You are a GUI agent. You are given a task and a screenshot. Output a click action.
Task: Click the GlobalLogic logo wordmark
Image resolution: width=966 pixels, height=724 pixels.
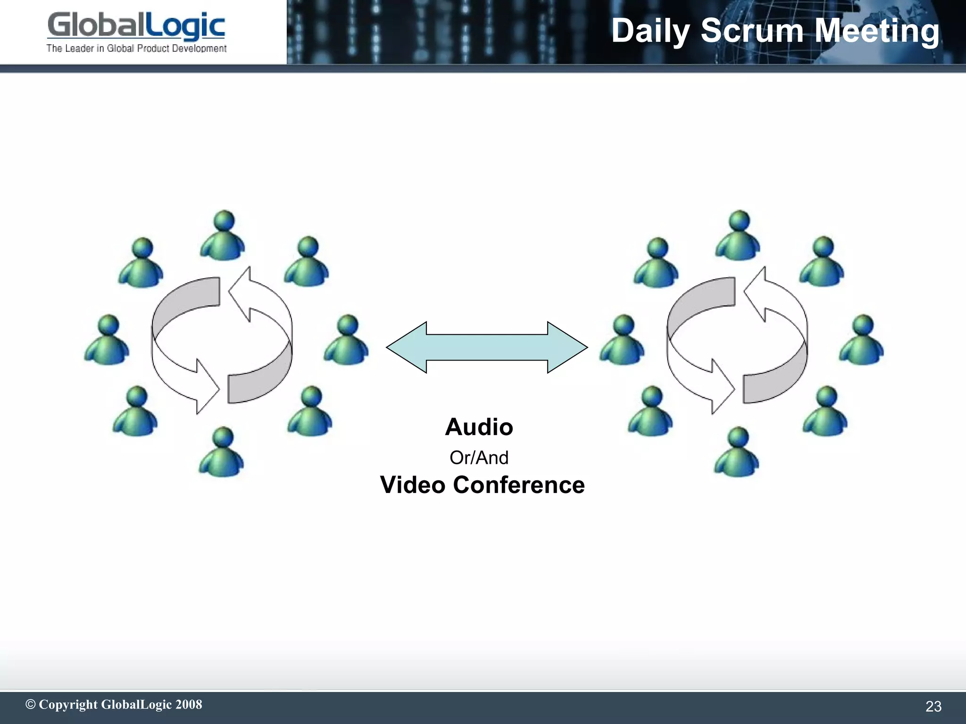[x=136, y=26]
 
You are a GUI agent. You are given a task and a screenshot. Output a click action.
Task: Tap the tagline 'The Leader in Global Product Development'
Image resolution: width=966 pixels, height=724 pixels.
[x=136, y=49]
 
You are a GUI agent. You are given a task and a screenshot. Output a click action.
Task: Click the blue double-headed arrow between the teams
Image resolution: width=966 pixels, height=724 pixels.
[x=487, y=347]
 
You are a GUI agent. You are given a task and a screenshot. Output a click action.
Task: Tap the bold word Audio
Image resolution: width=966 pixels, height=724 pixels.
[x=479, y=427]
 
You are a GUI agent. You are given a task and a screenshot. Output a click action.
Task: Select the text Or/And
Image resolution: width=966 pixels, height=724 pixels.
[x=479, y=458]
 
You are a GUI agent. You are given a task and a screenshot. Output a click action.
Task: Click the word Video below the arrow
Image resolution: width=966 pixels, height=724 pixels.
[x=413, y=485]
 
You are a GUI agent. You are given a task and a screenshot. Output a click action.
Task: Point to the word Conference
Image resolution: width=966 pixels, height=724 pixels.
[x=519, y=485]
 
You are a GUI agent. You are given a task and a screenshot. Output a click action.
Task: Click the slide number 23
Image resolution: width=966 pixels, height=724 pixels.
[x=933, y=706]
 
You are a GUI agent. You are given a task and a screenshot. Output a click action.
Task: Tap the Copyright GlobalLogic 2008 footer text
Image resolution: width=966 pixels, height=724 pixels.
[x=114, y=704]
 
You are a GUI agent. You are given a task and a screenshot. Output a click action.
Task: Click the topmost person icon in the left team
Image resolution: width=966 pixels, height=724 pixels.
[x=223, y=235]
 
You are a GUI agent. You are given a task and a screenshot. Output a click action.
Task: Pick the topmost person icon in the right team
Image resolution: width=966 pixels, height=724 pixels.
[x=738, y=235]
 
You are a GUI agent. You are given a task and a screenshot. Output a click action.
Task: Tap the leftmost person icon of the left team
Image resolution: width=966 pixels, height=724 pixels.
[x=108, y=339]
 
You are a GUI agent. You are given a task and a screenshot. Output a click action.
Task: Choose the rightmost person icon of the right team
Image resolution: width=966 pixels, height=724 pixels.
[x=862, y=339]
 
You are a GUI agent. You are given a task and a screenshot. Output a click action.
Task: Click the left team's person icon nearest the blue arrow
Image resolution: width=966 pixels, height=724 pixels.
[x=347, y=339]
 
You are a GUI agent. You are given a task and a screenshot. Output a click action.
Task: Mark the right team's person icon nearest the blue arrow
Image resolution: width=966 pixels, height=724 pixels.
[x=623, y=339]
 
